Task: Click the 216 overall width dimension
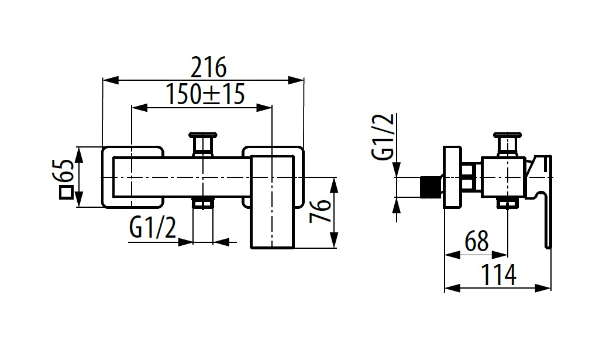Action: pos(209,68)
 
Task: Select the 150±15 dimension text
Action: pos(204,94)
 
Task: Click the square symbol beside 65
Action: pos(66,193)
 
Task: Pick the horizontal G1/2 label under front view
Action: pos(153,228)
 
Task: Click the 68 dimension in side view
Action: pos(476,241)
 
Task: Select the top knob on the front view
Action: pos(203,142)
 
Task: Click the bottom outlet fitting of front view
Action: pos(203,204)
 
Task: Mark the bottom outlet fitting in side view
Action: pos(507,203)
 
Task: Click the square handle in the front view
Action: pos(272,202)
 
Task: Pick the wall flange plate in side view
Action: pos(452,176)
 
